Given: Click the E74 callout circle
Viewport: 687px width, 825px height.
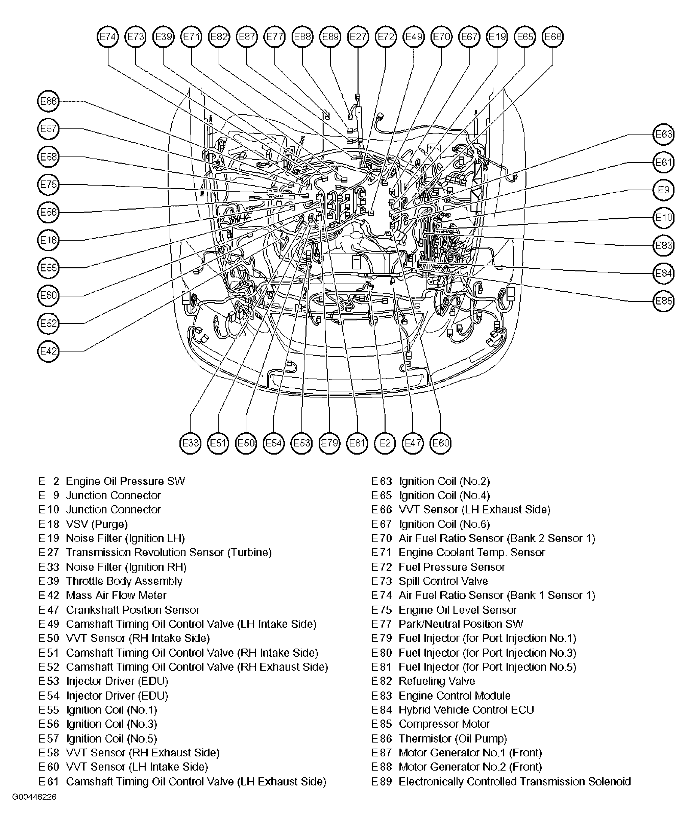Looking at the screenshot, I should [x=107, y=37].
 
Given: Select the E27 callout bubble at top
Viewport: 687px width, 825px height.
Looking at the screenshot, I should [x=358, y=37].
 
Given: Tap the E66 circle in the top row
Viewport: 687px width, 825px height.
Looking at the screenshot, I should [x=552, y=37].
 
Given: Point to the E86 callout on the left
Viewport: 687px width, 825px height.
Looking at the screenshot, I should [x=48, y=101].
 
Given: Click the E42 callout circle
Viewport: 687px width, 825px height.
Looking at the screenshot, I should [x=48, y=351].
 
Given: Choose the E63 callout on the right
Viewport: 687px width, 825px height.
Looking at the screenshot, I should [x=663, y=135].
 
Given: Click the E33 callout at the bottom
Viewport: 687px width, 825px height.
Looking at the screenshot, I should [x=190, y=443].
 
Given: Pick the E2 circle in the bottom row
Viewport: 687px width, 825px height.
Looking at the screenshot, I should [x=385, y=443].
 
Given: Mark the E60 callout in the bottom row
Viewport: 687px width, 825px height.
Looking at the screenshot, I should [x=440, y=443].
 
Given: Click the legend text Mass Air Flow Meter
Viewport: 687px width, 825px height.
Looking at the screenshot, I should [x=116, y=596].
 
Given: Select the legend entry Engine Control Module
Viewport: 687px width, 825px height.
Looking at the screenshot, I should [x=455, y=696].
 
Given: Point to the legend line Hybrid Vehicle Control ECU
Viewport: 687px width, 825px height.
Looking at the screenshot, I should [x=466, y=710].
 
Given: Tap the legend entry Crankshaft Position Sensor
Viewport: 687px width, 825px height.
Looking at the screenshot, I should [x=132, y=610].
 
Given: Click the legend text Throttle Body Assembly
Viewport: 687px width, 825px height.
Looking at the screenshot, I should [x=124, y=581].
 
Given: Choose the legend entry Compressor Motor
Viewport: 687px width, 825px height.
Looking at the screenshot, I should [x=444, y=724].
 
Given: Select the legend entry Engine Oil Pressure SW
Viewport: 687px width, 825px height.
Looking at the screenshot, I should [x=125, y=481].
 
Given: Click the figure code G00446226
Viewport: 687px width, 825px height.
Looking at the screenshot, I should [x=34, y=797].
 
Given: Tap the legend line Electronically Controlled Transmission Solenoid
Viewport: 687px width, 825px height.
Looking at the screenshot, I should [x=515, y=781].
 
